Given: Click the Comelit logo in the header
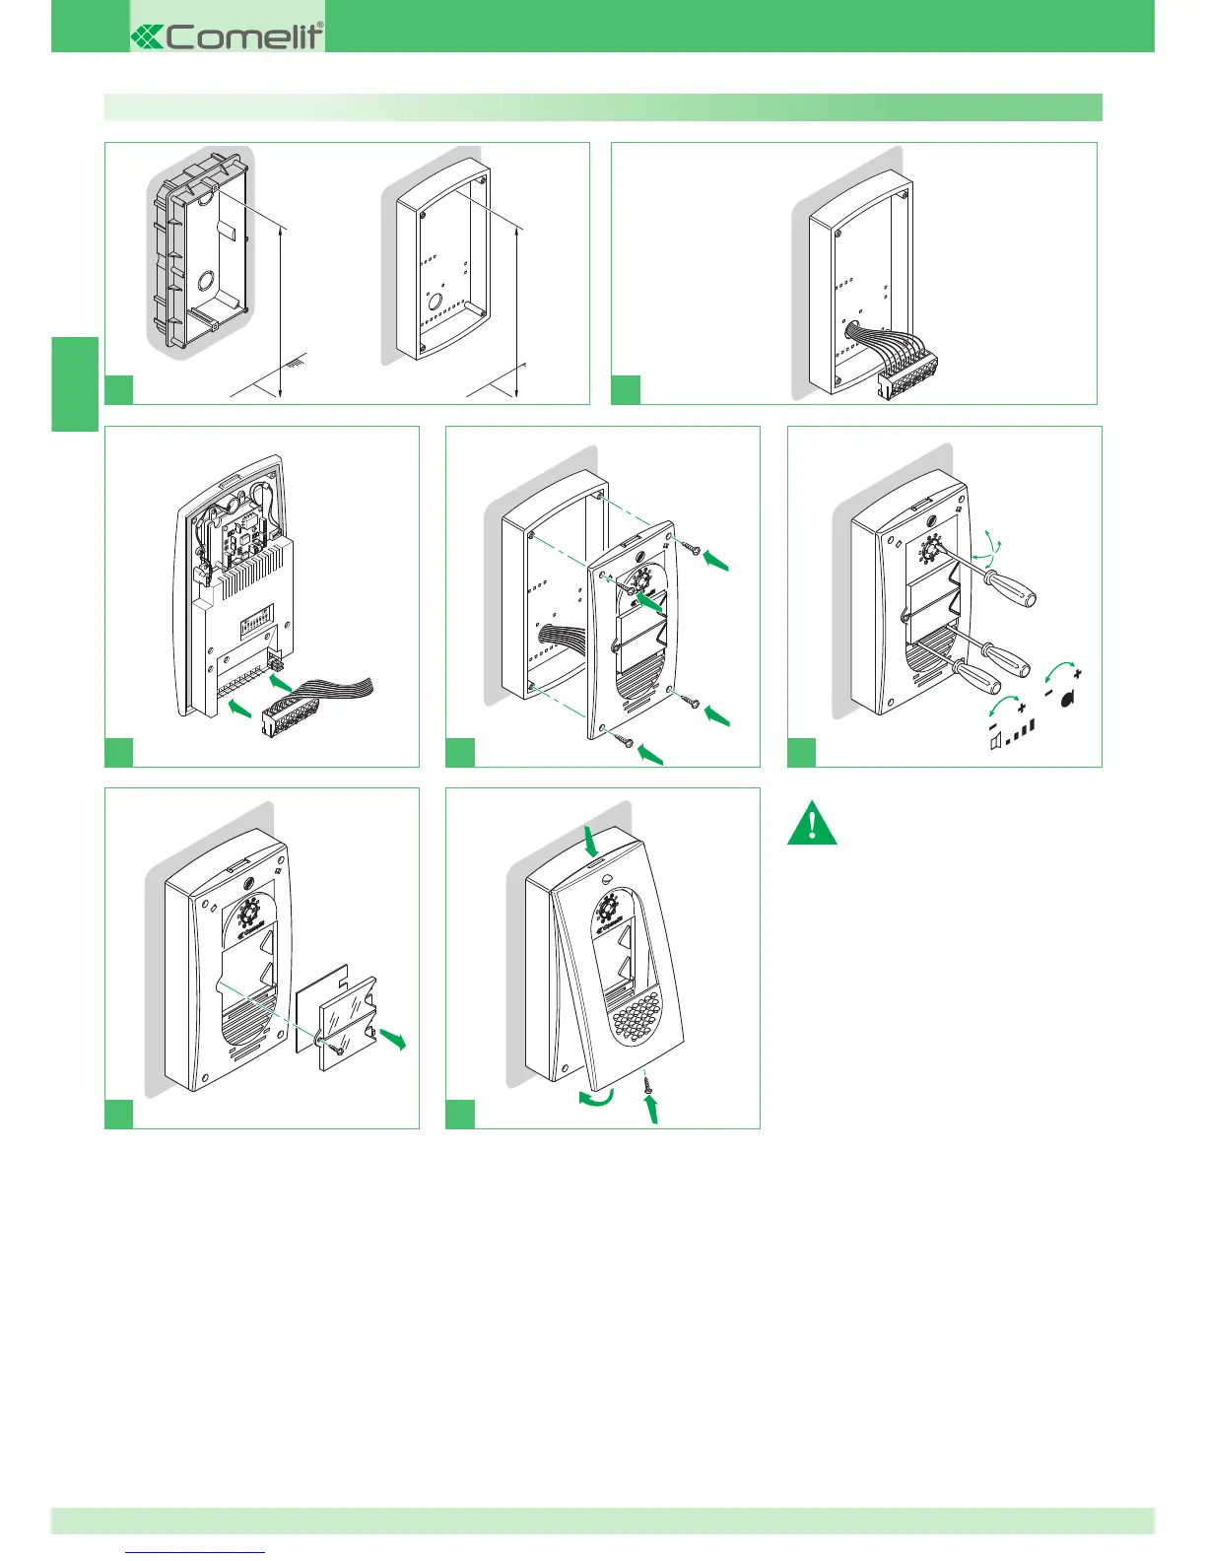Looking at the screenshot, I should click(x=228, y=36).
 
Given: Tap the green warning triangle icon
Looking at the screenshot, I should click(x=812, y=825).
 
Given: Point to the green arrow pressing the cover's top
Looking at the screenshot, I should click(x=590, y=843).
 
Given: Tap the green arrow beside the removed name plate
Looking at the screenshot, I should click(x=393, y=1038).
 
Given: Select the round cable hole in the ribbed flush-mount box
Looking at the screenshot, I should click(x=211, y=279).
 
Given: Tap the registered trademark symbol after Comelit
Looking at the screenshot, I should click(x=319, y=27).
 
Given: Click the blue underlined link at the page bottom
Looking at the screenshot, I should click(x=196, y=1552).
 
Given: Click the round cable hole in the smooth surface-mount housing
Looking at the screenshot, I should click(x=435, y=301).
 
